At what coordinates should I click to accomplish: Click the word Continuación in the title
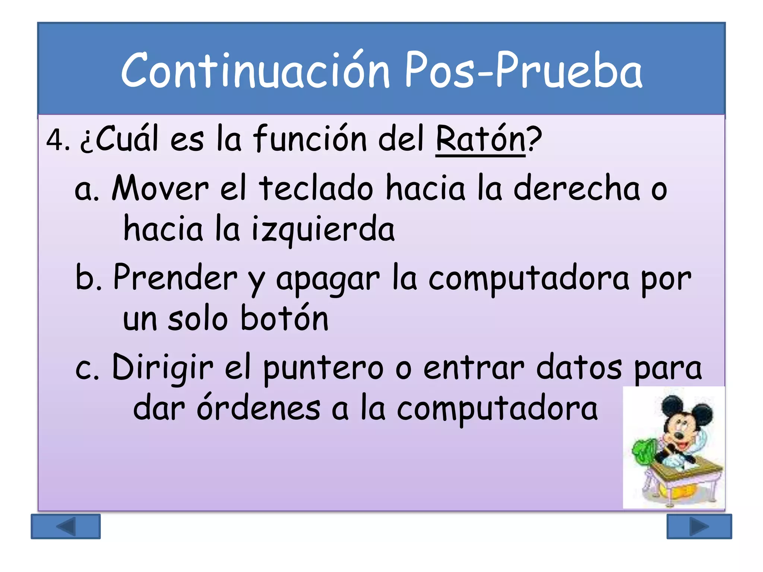[x=255, y=71]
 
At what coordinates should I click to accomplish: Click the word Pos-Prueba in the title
[x=523, y=71]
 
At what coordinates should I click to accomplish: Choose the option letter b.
[x=88, y=278]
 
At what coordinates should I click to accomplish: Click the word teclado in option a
[x=316, y=188]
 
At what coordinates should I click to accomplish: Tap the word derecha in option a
[x=577, y=188]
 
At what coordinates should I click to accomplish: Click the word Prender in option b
[x=175, y=278]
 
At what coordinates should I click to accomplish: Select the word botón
[x=285, y=318]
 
